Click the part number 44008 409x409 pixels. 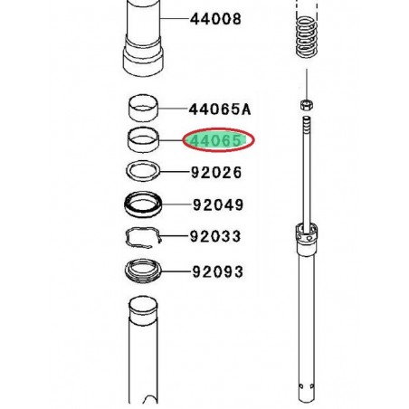[215, 19]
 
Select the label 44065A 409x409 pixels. [220, 109]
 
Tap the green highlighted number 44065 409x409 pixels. [216, 140]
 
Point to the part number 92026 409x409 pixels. [216, 173]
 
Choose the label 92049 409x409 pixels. [218, 204]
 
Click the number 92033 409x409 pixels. [215, 236]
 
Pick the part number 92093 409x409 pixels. [217, 271]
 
